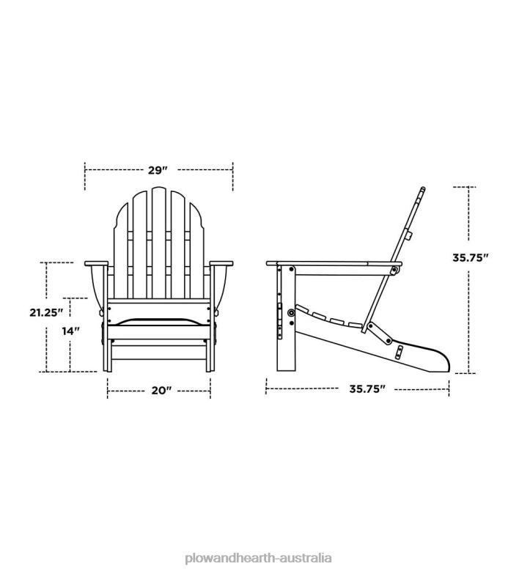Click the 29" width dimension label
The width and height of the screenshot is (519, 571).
coord(158,170)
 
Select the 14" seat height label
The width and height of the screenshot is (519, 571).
coord(70,331)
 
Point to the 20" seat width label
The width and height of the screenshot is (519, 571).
coord(160,391)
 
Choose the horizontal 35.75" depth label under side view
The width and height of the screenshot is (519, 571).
coord(367,390)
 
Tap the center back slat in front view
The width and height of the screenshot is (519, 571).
coord(159,242)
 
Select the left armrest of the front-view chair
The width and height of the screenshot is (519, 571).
coord(97,263)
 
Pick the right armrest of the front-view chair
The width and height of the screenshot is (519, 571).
coord(221,263)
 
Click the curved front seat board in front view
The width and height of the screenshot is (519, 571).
coord(159,320)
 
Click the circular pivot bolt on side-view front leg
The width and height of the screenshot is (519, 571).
coord(292,313)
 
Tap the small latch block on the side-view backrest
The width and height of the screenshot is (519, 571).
coord(410,236)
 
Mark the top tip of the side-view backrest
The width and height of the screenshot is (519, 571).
coord(422,190)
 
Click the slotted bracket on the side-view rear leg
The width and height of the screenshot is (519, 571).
coord(399,353)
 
